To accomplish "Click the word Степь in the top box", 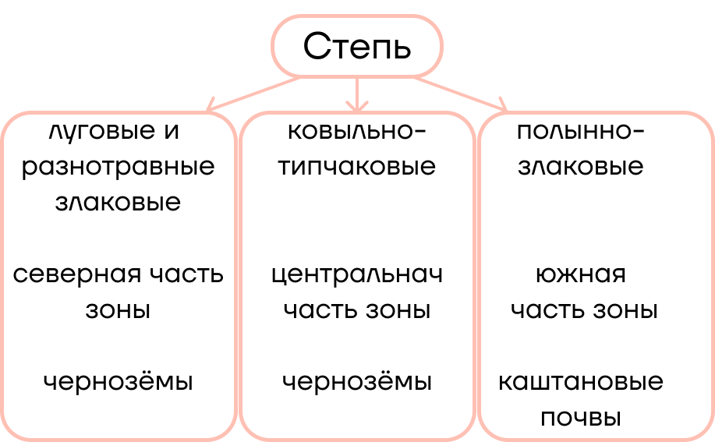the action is (357, 47).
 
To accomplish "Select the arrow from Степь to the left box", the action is (253, 94).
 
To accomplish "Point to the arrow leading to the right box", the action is (461, 94).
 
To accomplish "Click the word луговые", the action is (102, 132).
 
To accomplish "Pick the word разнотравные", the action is (118, 168).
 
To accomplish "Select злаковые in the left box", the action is (118, 203).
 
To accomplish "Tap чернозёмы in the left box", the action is (118, 381).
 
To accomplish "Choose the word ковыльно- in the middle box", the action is (357, 131).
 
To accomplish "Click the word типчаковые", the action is (357, 167).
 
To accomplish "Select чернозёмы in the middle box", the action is (357, 381).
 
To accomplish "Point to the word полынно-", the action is (581, 131).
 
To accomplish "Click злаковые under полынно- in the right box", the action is (581, 167).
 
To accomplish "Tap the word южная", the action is (581, 274).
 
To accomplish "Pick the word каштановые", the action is (581, 382).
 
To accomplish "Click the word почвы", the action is (581, 418).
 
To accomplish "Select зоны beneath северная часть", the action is (118, 311).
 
